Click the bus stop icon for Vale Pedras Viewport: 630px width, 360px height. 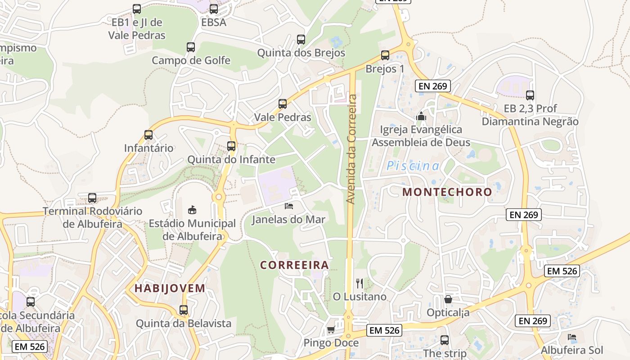(x=283, y=104)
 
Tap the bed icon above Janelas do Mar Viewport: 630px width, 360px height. (x=289, y=206)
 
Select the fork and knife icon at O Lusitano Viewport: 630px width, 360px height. (x=359, y=283)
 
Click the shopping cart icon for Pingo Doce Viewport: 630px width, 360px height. (x=331, y=330)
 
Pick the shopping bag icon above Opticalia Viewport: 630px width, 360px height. (x=448, y=299)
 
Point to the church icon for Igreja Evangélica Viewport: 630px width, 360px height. (x=421, y=117)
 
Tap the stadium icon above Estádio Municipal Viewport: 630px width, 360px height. (x=192, y=210)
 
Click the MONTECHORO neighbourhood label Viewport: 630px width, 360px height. (x=447, y=192)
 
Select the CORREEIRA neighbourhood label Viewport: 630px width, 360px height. (x=294, y=265)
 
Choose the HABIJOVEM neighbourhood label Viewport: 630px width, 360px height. (x=170, y=288)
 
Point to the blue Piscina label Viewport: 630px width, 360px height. (x=413, y=166)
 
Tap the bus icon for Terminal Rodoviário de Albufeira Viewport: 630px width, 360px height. (x=92, y=198)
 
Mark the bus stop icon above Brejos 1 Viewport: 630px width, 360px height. (x=385, y=55)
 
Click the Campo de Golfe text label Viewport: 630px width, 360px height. (x=191, y=60)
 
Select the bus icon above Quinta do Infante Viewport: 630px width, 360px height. (x=231, y=146)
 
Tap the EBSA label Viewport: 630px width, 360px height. (x=213, y=22)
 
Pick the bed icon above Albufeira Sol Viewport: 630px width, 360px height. (x=572, y=337)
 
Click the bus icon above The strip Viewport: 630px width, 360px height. (x=445, y=340)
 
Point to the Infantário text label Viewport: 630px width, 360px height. (x=148, y=148)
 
